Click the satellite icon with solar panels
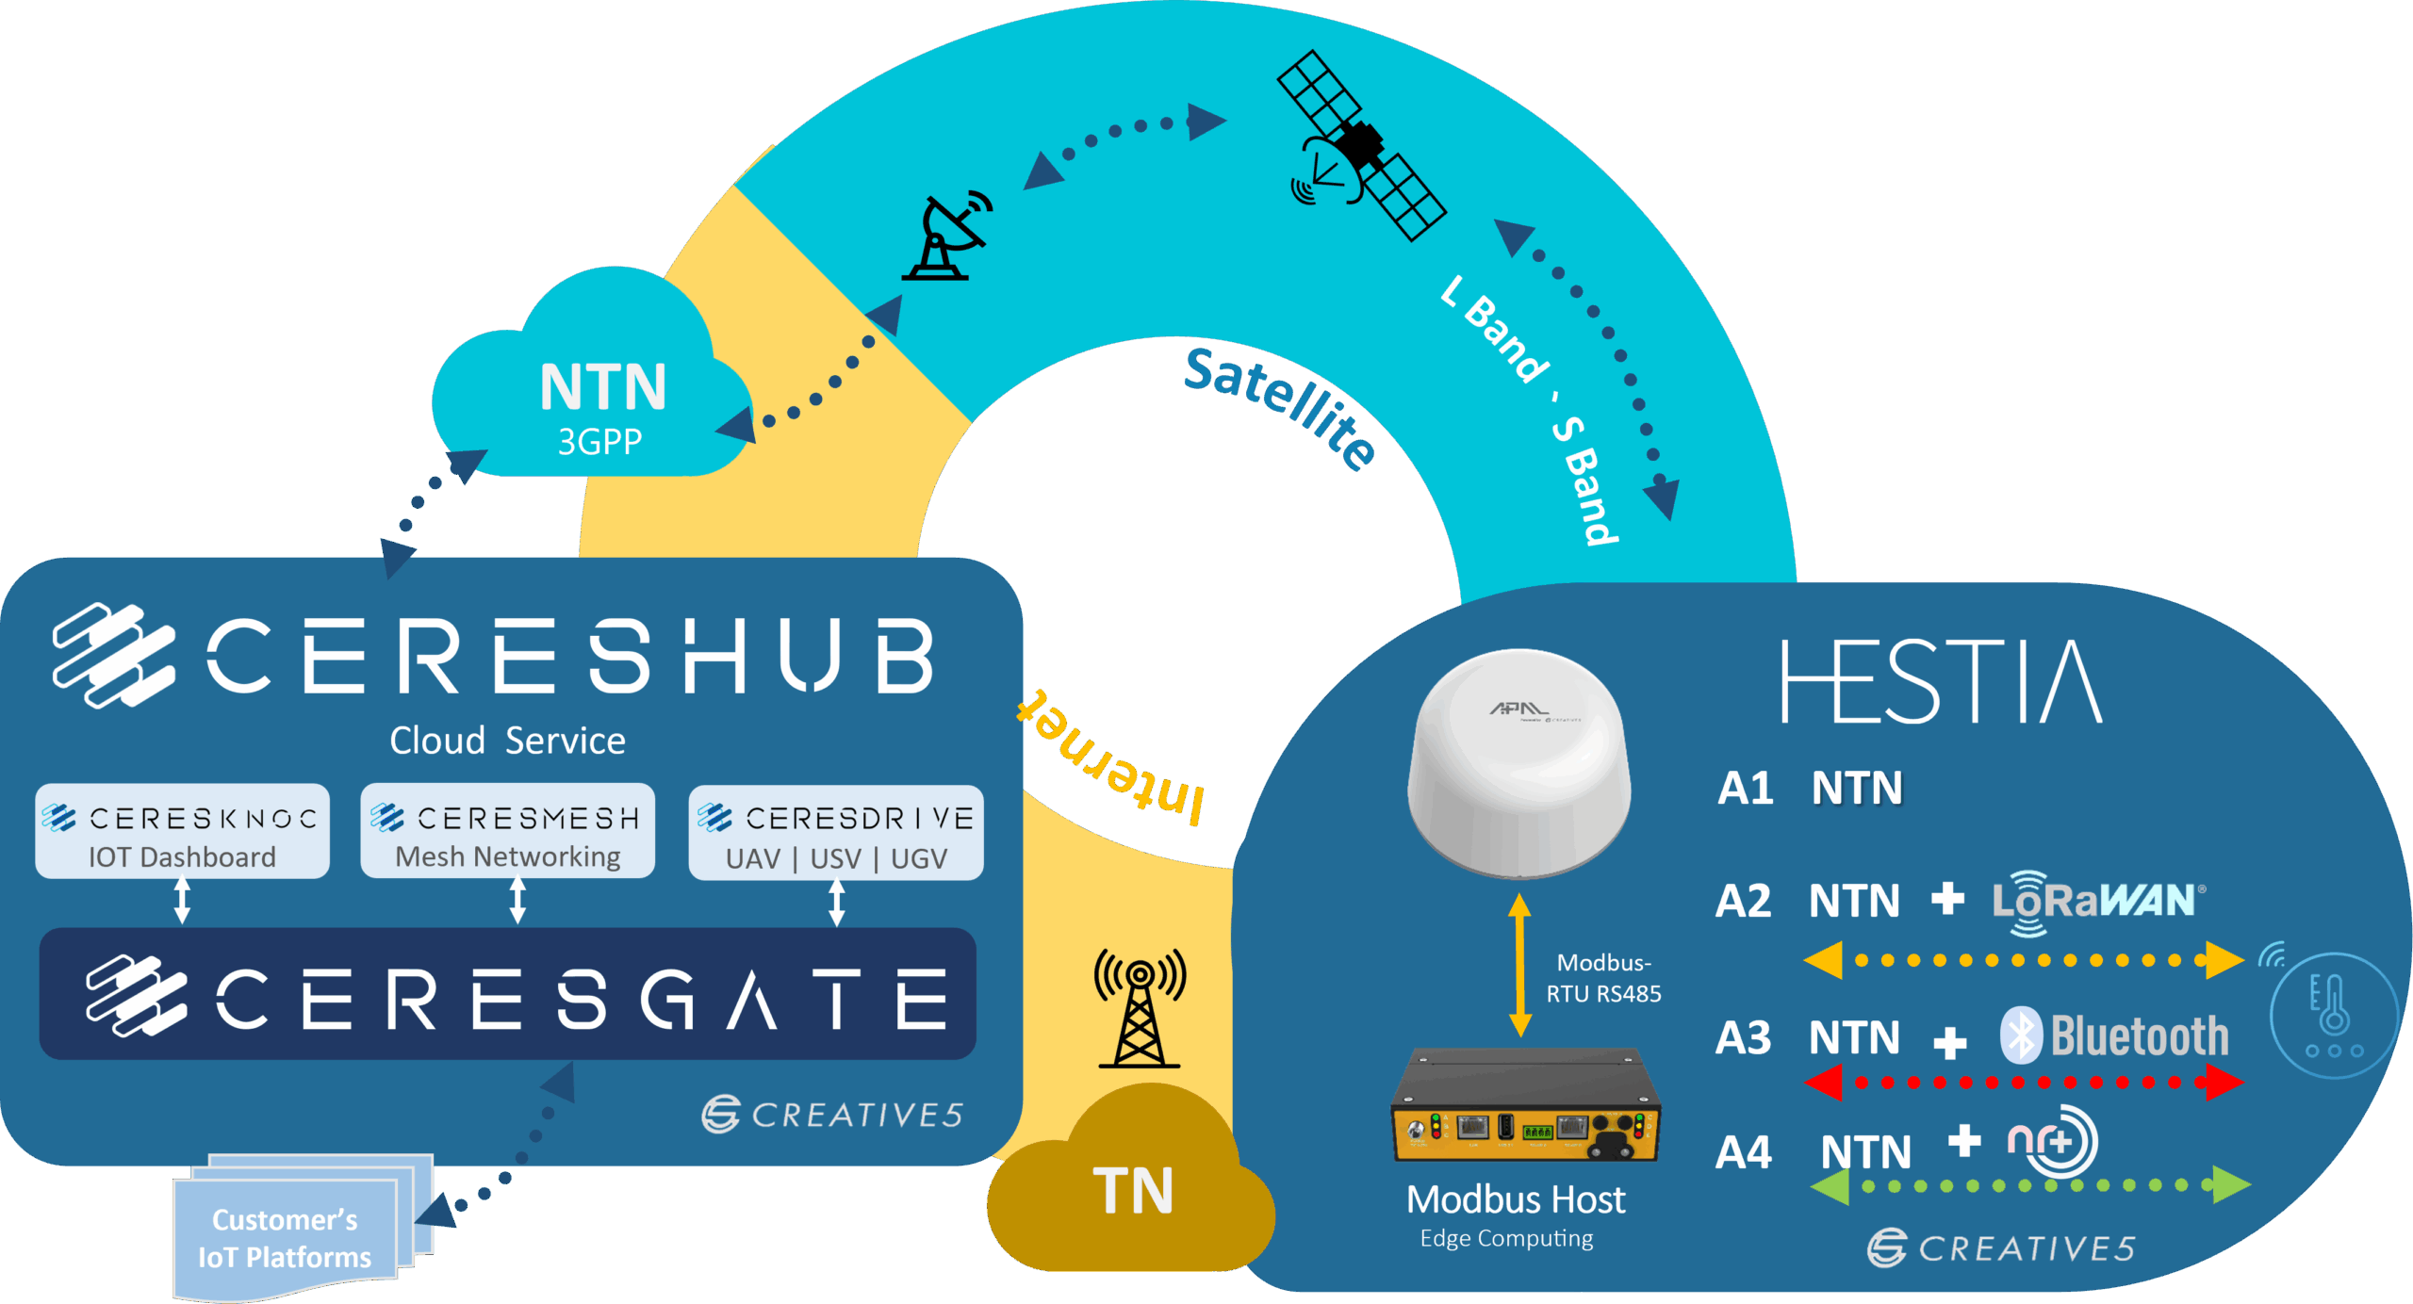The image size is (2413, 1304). click(x=1361, y=146)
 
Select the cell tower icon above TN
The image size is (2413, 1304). click(x=1139, y=1009)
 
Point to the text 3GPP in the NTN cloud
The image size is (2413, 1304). click(x=599, y=442)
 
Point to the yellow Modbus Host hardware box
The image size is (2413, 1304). click(x=1525, y=1108)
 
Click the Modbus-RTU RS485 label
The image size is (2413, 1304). click(x=1603, y=978)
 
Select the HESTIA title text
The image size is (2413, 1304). click(x=1942, y=681)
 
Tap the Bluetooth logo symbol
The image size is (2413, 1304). click(x=2021, y=1036)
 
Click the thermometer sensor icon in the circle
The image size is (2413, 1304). click(x=2333, y=1015)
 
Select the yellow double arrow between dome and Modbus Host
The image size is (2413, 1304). click(x=1519, y=965)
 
